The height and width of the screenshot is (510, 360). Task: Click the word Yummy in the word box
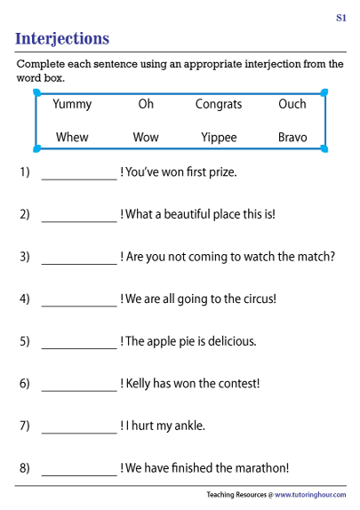tap(72, 105)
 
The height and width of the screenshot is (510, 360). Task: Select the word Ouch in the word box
tap(292, 104)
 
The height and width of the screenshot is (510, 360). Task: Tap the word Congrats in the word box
tap(219, 105)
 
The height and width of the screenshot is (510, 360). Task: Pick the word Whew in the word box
tap(72, 137)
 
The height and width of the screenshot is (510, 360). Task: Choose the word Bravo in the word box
tap(292, 137)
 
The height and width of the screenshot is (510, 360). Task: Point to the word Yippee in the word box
tap(219, 138)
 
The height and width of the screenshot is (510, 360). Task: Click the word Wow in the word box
tap(146, 137)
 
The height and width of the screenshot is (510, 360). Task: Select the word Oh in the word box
tap(146, 104)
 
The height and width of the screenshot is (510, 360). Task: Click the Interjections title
tap(62, 39)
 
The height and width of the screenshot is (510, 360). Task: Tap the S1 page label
tap(341, 18)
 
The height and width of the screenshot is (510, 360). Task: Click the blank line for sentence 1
tap(79, 179)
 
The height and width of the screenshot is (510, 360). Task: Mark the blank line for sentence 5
tap(79, 348)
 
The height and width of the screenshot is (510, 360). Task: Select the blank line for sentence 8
tap(79, 475)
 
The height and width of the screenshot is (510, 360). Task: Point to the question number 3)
tap(25, 257)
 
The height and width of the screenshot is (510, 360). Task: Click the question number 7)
tap(25, 426)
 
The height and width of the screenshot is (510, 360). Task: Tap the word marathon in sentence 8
tap(260, 468)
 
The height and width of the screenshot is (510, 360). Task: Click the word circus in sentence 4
tap(258, 299)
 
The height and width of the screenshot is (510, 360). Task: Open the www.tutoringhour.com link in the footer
tap(310, 495)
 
